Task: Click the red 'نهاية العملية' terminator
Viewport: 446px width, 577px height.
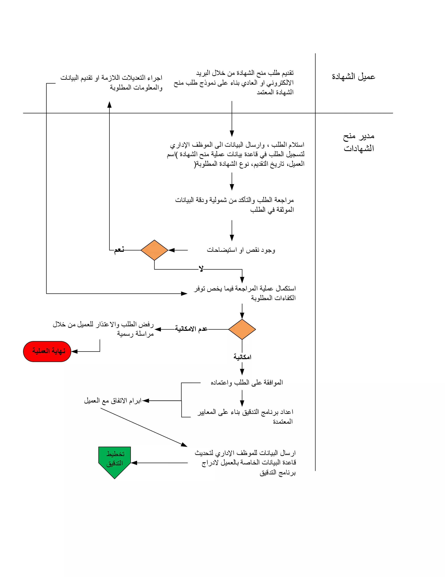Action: [47, 351]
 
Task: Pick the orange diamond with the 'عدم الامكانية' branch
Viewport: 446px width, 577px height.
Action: [242, 329]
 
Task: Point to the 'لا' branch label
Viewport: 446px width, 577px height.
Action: [201, 269]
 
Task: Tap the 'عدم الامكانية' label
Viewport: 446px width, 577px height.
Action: [191, 329]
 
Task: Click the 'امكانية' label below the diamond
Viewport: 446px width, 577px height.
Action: [242, 357]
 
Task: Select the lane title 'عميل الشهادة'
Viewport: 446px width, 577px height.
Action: [353, 77]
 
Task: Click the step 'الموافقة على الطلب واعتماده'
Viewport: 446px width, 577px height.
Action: [247, 383]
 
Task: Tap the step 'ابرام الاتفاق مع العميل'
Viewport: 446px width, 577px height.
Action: [113, 401]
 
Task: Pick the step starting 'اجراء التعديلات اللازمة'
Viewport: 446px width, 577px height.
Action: [111, 83]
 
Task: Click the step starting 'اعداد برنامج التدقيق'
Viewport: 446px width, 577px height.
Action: [245, 417]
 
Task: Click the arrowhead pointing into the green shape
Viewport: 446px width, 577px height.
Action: [134, 463]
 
